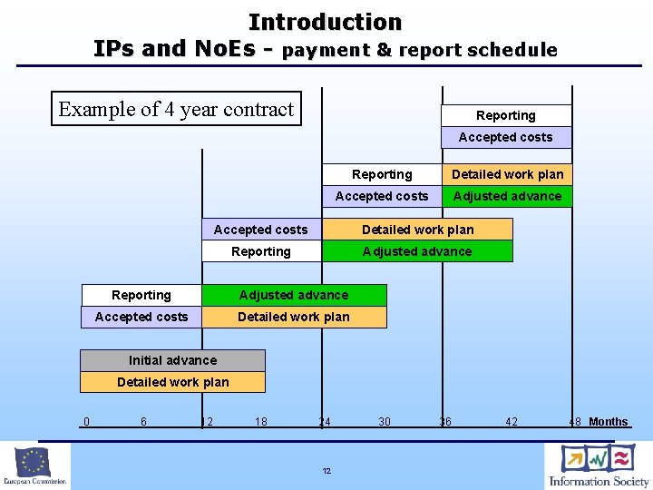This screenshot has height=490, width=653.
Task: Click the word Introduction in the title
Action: coord(325,22)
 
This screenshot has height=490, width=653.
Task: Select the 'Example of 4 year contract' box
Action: coord(177,110)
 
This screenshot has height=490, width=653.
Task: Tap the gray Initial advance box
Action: coord(172,360)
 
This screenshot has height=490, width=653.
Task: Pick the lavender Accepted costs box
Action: coord(505,137)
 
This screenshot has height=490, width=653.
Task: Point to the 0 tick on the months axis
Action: coord(86,421)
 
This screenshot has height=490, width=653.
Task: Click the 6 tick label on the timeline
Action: coord(143,421)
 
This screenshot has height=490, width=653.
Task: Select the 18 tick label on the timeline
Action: coord(261,421)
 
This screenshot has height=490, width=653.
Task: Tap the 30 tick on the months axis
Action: coord(385,421)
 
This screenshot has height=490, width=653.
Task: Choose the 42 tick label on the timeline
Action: coord(512,421)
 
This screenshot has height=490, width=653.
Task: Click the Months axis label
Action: coord(608,421)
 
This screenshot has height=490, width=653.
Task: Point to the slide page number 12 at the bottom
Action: coord(326,471)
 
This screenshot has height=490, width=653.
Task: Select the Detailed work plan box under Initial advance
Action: coord(172,382)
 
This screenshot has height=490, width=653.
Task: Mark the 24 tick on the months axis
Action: coord(324,421)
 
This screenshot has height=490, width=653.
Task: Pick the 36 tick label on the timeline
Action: coord(445,421)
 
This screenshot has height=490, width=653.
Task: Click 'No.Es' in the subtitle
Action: coord(225,49)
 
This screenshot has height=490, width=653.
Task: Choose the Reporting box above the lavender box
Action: coord(505,115)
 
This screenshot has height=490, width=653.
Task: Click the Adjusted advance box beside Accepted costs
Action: coord(507,196)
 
